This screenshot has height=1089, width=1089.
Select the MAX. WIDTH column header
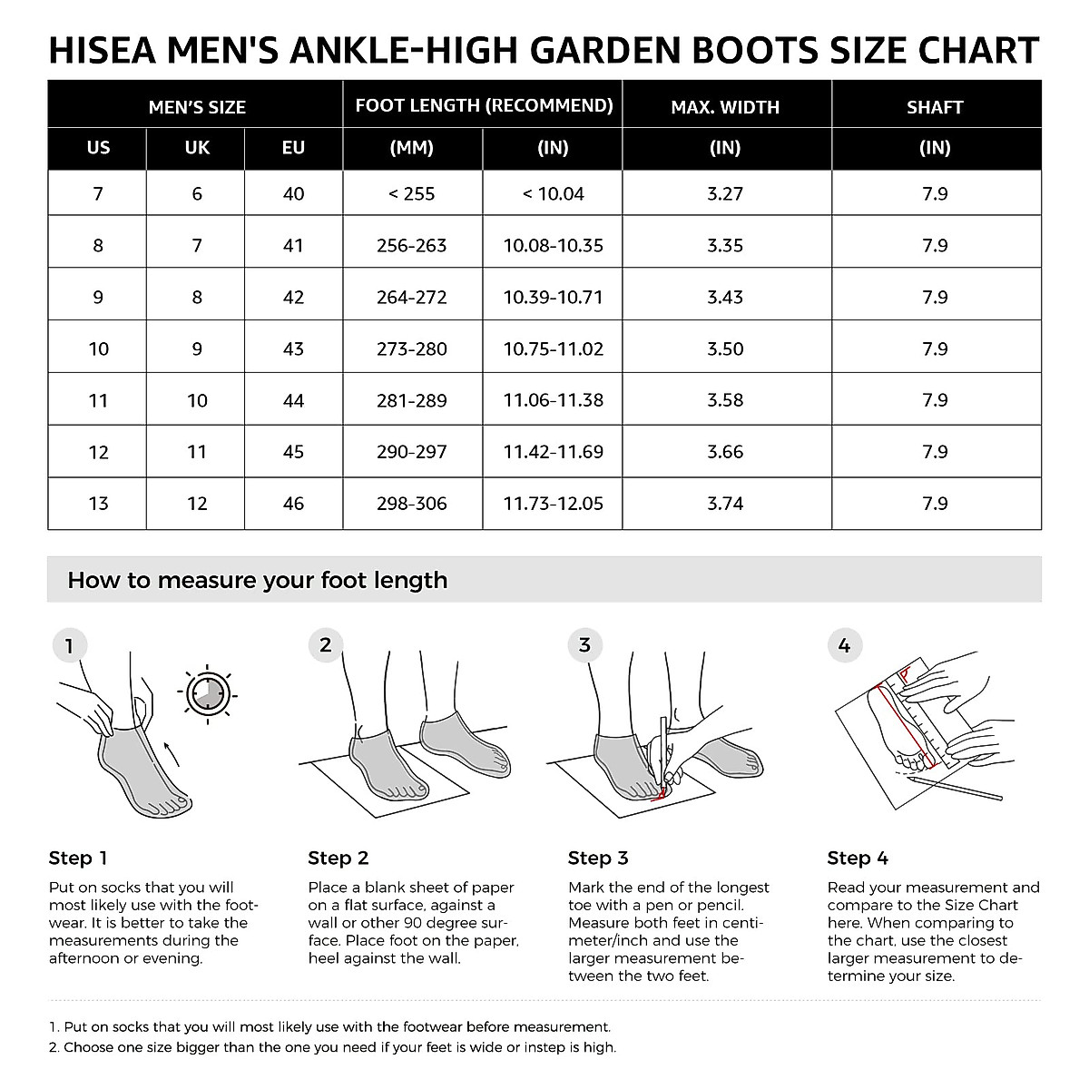point(725,107)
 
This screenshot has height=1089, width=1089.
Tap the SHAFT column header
point(935,107)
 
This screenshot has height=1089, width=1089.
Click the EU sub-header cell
point(293,147)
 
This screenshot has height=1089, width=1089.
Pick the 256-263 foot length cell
point(412,245)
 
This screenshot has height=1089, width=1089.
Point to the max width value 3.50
point(725,348)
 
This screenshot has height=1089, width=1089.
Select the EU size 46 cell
point(293,504)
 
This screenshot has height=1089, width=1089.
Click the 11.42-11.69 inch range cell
point(553,452)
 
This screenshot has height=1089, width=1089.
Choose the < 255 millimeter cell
point(412,193)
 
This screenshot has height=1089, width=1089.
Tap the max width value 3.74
point(725,504)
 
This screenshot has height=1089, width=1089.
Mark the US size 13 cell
point(98,504)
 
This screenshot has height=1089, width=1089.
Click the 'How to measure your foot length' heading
point(258,581)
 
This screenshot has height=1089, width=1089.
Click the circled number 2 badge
point(326,645)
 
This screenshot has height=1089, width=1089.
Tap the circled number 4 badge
point(845,646)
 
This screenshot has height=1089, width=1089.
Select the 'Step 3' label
point(598,858)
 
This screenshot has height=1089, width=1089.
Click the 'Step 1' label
point(78,858)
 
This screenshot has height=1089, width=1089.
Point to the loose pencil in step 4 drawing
point(954,788)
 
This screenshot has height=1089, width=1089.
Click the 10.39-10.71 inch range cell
point(553,297)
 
